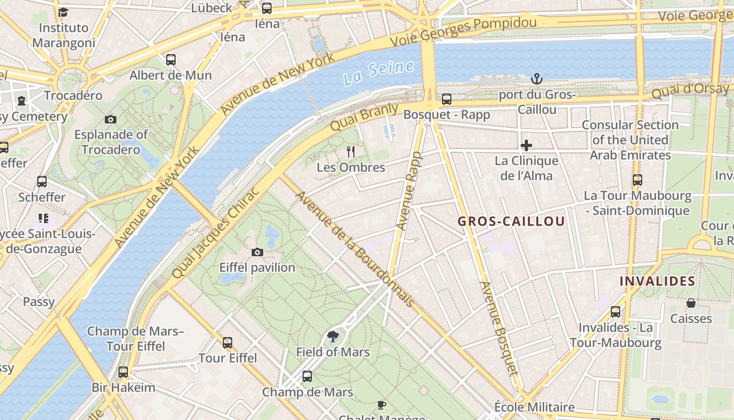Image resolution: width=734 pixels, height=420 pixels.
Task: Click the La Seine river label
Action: pos(379,73)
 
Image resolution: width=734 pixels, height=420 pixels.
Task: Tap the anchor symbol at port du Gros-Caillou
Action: pos(536,79)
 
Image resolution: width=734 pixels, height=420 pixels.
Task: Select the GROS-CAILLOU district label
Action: pos(511,221)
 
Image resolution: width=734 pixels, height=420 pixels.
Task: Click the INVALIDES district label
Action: pos(657,281)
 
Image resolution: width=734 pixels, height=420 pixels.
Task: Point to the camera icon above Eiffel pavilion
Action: pos(257,253)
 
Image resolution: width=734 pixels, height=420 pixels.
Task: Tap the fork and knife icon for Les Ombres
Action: pos(351,152)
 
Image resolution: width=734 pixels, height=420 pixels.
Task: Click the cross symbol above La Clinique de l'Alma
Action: pos(526,145)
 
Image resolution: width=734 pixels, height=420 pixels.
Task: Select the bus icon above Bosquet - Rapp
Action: pos(447,99)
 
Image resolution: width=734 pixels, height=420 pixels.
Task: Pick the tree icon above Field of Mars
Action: pos(332,337)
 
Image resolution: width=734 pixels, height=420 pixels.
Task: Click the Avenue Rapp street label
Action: pos(409,191)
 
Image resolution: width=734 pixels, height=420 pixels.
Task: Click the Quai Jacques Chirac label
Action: pos(215,233)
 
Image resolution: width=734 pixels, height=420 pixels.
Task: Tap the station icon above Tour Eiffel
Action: pos(228,343)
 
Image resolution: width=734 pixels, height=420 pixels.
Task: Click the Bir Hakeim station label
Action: pos(123,388)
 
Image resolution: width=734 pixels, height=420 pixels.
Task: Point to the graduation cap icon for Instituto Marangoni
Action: pos(63,12)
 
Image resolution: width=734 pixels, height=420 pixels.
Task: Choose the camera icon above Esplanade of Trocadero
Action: pos(111,119)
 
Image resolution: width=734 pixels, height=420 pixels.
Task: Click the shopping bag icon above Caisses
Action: pos(691,303)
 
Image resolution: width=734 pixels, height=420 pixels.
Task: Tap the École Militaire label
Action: pos(534,407)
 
